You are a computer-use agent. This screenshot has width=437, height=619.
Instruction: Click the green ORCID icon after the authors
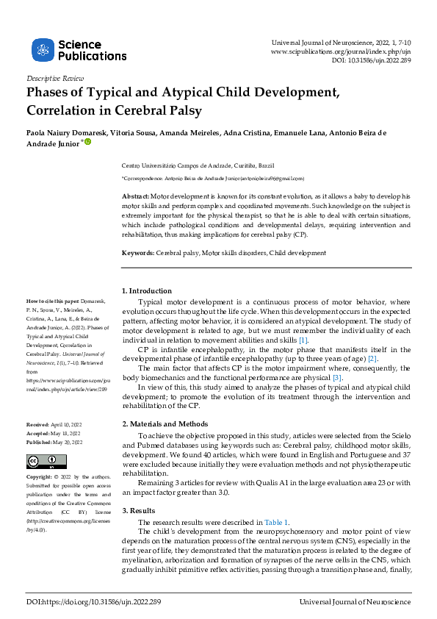tap(88, 143)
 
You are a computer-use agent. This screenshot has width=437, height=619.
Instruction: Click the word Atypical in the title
tap(178, 93)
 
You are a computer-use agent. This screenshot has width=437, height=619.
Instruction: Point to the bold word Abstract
tap(135, 198)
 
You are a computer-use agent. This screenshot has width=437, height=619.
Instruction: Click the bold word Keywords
tap(138, 253)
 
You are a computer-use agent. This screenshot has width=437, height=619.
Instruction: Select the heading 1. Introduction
tap(147, 291)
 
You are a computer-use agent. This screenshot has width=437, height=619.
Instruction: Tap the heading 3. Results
tap(140, 510)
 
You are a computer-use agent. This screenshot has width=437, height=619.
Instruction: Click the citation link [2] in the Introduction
tap(372, 359)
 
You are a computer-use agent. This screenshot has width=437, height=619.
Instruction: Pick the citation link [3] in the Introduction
tap(337, 377)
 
